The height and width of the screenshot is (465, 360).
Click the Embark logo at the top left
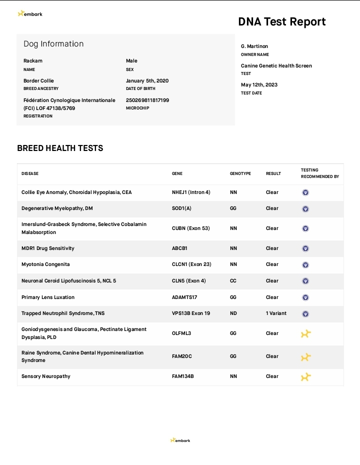pyautogui.click(x=30, y=14)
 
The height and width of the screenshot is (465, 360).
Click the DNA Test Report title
pyautogui.click(x=281, y=21)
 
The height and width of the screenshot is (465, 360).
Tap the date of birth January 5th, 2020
pyautogui.click(x=147, y=80)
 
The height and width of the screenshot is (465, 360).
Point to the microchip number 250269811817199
pyautogui.click(x=147, y=100)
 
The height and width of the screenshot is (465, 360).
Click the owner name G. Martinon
pyautogui.click(x=254, y=46)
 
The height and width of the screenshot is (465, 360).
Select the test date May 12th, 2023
pyautogui.click(x=259, y=85)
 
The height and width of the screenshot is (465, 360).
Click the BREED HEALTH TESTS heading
pyautogui.click(x=60, y=148)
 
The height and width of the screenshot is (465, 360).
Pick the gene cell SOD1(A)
pyautogui.click(x=181, y=208)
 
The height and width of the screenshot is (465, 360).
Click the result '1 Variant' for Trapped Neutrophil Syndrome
pyautogui.click(x=276, y=313)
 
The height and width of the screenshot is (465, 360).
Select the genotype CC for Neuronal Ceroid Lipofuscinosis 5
pyautogui.click(x=233, y=281)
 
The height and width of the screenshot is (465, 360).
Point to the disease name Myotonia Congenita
pyautogui.click(x=45, y=264)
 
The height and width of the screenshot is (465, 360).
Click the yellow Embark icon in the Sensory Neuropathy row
pyautogui.click(x=305, y=377)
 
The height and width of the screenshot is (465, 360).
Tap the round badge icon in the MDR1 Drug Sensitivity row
pyautogui.click(x=305, y=248)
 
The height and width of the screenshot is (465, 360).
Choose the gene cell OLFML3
pyautogui.click(x=182, y=333)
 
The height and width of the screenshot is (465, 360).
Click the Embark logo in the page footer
pyautogui.click(x=180, y=440)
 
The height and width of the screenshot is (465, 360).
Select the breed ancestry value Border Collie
pyautogui.click(x=38, y=80)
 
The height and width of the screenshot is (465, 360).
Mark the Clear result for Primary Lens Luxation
pyautogui.click(x=272, y=297)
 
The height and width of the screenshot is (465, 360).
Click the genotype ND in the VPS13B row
pyautogui.click(x=233, y=313)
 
